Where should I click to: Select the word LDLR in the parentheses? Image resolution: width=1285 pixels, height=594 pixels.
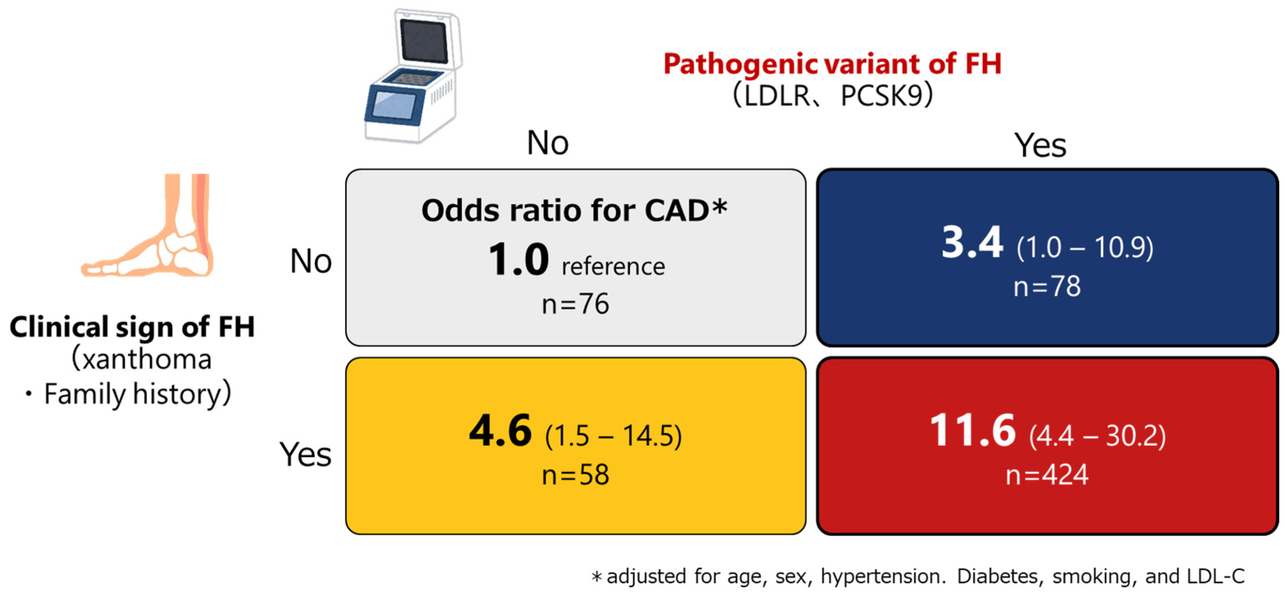[x=777, y=95]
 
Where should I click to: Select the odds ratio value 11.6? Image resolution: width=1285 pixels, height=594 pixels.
[x=972, y=430]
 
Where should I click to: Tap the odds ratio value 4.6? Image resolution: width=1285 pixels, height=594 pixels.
[x=500, y=430]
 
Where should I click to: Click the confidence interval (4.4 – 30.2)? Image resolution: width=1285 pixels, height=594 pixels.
[x=1097, y=436]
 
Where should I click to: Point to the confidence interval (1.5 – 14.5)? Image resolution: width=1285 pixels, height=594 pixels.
[x=613, y=436]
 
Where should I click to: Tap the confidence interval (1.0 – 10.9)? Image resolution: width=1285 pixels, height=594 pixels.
[x=1085, y=248]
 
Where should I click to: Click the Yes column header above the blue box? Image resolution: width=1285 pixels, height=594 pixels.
[x=1040, y=145]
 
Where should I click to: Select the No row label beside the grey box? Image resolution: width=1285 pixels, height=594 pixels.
[x=311, y=261]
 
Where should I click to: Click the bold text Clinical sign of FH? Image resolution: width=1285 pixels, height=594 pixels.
[x=132, y=327]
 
